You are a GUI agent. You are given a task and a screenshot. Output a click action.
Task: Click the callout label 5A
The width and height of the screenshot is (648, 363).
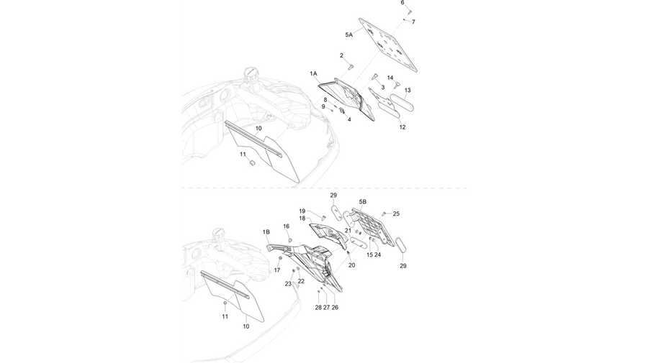point(348,35)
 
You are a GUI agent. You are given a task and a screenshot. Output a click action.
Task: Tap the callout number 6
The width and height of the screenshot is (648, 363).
point(402,2)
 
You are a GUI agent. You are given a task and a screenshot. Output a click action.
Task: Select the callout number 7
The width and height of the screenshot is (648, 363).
point(413,22)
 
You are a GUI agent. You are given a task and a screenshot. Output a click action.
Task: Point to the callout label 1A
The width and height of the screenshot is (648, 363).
point(314,73)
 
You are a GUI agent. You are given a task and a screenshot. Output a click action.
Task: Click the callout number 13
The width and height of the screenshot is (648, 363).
point(408,91)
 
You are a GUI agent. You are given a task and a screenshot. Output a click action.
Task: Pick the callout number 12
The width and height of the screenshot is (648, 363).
point(402,127)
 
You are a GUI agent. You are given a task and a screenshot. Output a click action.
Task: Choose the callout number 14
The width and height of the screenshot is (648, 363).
point(390,78)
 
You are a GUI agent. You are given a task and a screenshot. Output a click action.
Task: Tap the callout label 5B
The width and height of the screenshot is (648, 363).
point(362,202)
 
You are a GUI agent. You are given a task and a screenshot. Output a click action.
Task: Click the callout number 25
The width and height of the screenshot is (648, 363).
point(396,213)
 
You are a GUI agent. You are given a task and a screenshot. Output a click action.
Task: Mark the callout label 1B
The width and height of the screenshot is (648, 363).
point(266,232)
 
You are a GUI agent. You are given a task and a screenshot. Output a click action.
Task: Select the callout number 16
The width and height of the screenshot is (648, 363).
point(286,226)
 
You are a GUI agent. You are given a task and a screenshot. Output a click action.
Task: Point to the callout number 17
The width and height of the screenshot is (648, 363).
point(277,270)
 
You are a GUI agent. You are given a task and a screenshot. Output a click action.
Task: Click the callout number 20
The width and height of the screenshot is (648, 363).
point(351,265)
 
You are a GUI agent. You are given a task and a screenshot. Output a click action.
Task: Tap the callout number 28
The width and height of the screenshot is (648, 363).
point(318,308)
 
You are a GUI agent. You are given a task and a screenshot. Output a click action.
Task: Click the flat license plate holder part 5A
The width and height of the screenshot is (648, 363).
point(388,45)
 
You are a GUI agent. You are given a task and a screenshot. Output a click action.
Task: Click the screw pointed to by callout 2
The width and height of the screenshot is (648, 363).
point(352,65)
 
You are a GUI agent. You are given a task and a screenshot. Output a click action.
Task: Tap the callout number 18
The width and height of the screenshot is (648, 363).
point(302,219)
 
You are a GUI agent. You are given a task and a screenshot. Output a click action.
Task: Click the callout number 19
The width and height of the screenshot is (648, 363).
point(302,211)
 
